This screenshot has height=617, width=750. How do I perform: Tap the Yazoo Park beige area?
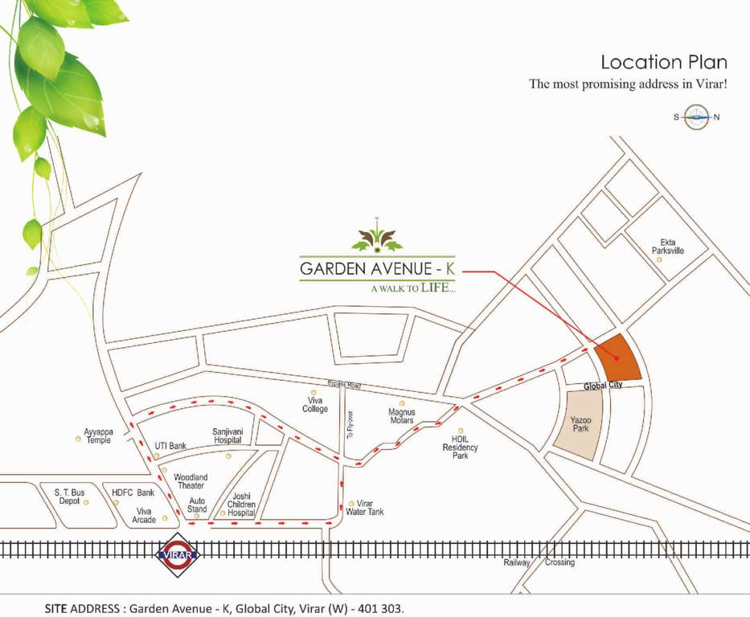point(580,425)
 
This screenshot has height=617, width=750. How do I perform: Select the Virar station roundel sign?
point(177,553)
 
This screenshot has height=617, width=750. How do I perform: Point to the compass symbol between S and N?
point(696,117)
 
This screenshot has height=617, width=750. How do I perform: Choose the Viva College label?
point(315,404)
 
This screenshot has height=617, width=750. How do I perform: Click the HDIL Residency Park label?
point(460,447)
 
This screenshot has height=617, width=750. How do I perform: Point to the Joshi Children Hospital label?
point(242,505)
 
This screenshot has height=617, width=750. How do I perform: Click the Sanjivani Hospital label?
point(227,435)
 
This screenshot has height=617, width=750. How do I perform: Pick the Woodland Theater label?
point(190,481)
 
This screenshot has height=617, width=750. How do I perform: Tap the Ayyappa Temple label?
point(99,435)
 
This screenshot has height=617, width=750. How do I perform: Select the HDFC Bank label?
point(133,492)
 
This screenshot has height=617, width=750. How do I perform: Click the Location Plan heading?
point(664,63)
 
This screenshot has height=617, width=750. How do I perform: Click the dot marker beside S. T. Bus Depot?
point(86,502)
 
